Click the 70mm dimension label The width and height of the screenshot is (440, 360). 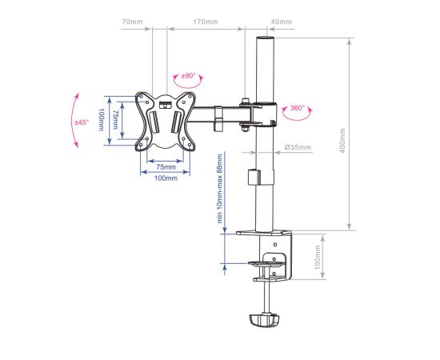point(132,22)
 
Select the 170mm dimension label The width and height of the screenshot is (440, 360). point(206,22)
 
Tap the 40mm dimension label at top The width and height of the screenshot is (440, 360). point(282,22)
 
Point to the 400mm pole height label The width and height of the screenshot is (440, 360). point(342,141)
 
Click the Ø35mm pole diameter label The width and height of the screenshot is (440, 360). point(298,147)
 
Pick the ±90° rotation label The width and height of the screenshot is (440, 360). point(188,76)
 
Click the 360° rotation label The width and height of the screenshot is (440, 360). point(297,108)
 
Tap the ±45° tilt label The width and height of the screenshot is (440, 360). point(82,122)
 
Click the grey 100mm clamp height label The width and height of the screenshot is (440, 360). point(317,257)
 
